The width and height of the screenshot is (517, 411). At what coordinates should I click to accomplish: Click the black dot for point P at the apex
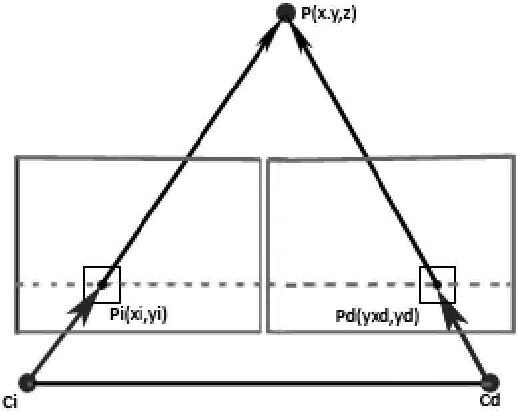285,12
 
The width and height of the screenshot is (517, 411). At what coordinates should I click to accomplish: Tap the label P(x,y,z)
328,14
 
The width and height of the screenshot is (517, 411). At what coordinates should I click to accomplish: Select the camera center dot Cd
490,383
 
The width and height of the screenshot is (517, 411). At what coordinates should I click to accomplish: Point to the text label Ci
10,403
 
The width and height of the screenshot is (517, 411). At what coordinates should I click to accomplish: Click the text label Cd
490,400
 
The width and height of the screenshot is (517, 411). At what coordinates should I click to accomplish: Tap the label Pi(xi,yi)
138,314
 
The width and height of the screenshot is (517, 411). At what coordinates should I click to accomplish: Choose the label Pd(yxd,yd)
377,316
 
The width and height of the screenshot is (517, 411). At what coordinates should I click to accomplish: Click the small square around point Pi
101,267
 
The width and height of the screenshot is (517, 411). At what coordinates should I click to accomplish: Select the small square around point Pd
438,267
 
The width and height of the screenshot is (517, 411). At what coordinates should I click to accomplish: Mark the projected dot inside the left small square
102,284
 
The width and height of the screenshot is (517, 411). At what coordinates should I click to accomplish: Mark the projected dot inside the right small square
438,284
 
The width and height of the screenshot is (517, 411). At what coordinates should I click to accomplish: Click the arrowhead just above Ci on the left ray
82,309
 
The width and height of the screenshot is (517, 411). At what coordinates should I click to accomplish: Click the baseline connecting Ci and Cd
258,384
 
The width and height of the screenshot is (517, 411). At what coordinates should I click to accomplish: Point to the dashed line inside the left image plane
139,284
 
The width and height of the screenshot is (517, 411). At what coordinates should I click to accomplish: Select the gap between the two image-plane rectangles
264,245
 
